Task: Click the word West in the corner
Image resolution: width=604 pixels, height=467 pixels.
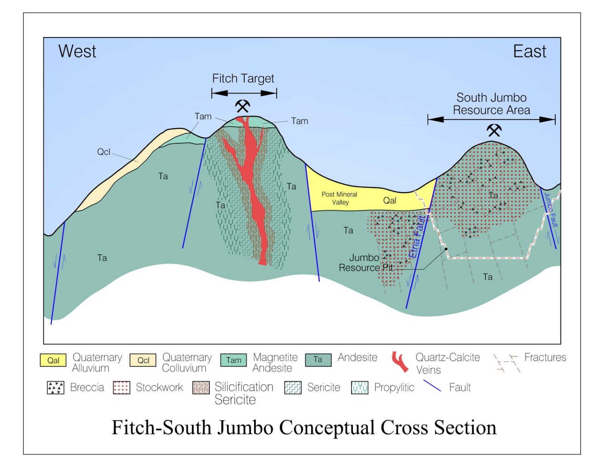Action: click(77, 51)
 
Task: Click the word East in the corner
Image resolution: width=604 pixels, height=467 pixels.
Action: click(529, 51)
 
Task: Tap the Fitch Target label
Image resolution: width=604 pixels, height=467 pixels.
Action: click(243, 79)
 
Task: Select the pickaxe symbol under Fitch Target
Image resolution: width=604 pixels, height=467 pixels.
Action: click(242, 106)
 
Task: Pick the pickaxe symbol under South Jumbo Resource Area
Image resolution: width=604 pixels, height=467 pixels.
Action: click(494, 130)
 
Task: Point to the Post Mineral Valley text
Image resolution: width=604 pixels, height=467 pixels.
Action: click(339, 198)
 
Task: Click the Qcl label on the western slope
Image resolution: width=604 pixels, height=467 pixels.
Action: click(103, 152)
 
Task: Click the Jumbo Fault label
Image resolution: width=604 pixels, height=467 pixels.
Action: click(551, 210)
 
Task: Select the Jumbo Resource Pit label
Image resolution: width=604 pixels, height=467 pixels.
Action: click(365, 263)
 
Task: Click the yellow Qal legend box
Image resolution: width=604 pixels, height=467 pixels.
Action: click(53, 360)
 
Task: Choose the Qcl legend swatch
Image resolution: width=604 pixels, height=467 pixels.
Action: click(143, 360)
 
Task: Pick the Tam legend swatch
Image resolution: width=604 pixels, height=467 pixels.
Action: click(234, 360)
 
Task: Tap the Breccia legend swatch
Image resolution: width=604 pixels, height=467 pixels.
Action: click(55, 388)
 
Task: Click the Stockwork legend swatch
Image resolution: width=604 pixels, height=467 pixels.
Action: click(121, 388)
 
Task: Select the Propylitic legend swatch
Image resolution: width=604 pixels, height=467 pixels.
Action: click(359, 388)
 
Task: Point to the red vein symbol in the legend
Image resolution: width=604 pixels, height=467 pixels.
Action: click(400, 362)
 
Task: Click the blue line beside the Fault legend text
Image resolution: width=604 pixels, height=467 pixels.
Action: click(432, 386)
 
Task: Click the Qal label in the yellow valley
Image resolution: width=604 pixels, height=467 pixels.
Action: click(390, 201)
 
